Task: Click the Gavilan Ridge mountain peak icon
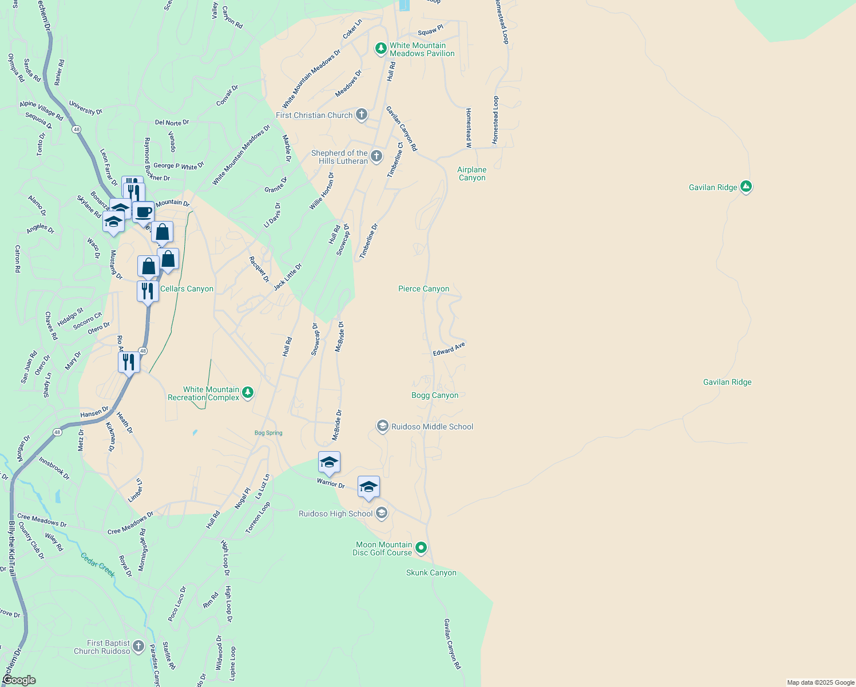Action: tap(746, 187)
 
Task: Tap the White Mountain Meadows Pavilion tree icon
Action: tap(381, 49)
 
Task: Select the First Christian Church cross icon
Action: tap(361, 115)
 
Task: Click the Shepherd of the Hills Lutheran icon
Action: tap(376, 156)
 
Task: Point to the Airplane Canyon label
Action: tap(472, 173)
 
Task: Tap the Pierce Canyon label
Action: tap(423, 289)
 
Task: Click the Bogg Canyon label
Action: tap(435, 395)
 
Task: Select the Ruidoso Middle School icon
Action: tap(382, 427)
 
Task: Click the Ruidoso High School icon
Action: tap(382, 513)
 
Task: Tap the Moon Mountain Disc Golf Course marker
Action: tap(421, 548)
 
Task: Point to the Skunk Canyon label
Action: tap(431, 572)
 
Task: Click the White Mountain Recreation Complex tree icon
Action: tap(248, 393)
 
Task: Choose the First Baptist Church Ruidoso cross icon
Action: tap(138, 647)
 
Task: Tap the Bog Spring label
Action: tap(268, 433)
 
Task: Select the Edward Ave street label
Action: tap(449, 349)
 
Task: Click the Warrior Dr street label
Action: tap(331, 483)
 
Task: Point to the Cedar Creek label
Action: tap(98, 564)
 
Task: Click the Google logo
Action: tap(19, 680)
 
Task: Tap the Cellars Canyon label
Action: tap(187, 289)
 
